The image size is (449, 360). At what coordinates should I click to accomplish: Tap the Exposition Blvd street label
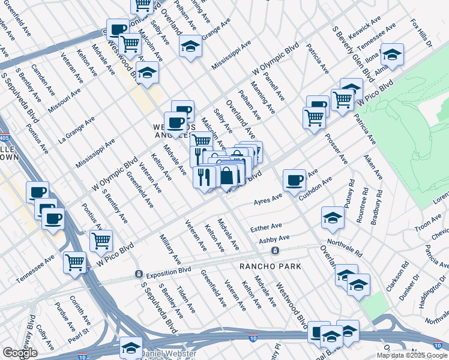[x=170, y=274]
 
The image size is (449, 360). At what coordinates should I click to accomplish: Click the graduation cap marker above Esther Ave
[x=333, y=218]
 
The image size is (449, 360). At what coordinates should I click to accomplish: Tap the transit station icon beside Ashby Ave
[x=274, y=251]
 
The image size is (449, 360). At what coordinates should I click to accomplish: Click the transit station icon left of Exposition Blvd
[x=139, y=274]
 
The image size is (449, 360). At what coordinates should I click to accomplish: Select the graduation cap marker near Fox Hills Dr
[x=391, y=55]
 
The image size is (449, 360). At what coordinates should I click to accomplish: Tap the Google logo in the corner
[x=20, y=353]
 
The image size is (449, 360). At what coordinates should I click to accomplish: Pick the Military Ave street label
[x=170, y=250]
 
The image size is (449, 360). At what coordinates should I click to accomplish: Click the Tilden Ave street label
[x=186, y=299]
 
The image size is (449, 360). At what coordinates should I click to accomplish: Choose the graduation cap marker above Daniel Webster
[x=131, y=346]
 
